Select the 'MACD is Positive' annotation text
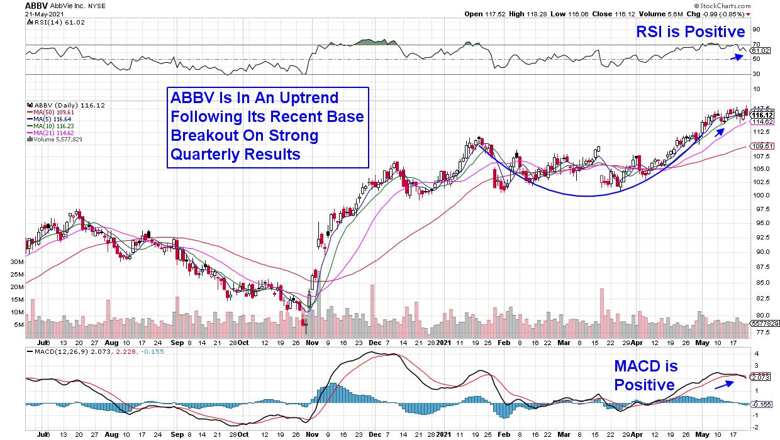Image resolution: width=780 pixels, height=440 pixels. coord(645,375)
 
